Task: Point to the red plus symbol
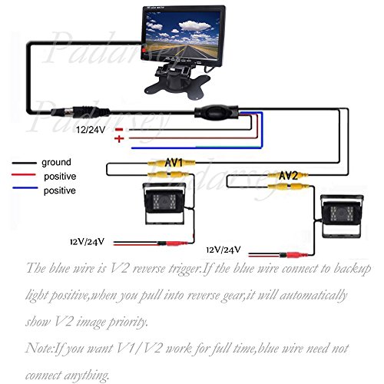pos(119,139)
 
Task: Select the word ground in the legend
pos(56,162)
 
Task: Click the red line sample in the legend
pos(25,176)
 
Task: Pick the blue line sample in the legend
pos(25,190)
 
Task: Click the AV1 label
pos(173,163)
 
